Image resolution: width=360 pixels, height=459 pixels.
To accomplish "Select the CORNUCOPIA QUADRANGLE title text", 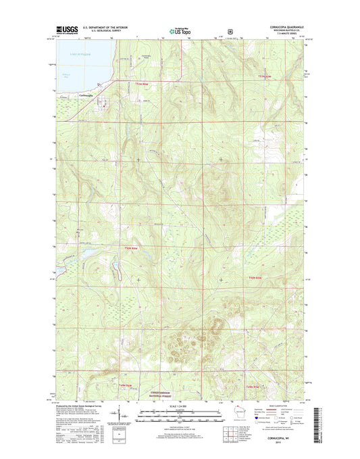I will coord(278,27).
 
